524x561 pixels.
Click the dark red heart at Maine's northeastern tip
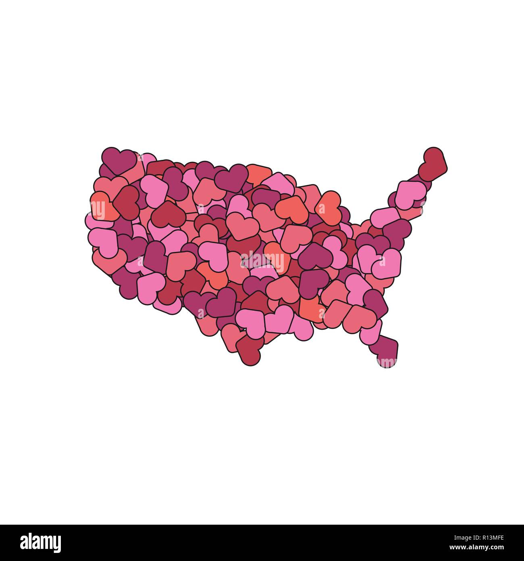coord(433,164)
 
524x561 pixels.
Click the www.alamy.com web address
coord(476,547)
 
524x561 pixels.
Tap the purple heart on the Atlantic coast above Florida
coord(375,301)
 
